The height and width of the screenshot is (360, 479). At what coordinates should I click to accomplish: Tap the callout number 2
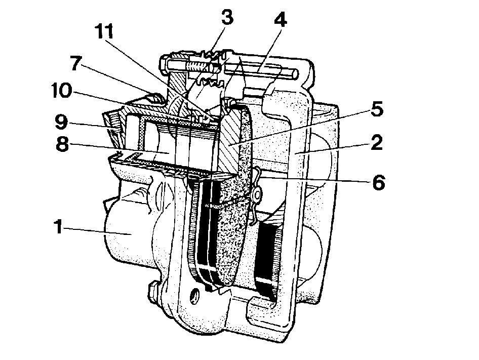tap(377, 142)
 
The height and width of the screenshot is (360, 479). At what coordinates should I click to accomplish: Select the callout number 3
tap(227, 17)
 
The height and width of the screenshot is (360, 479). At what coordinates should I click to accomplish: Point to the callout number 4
tap(280, 20)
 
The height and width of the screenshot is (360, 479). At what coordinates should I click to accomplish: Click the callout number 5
tap(377, 108)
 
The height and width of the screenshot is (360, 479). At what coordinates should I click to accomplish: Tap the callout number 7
tap(76, 64)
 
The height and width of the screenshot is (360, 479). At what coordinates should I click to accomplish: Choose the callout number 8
tap(62, 144)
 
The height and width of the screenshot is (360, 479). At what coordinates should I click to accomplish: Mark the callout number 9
tap(62, 122)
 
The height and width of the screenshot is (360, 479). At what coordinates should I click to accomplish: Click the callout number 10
tap(62, 91)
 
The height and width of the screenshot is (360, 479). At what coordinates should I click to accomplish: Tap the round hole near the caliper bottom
tap(194, 295)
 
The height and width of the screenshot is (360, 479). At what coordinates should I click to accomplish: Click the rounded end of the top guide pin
tap(294, 73)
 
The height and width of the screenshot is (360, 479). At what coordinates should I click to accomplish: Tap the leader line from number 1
tap(97, 231)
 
